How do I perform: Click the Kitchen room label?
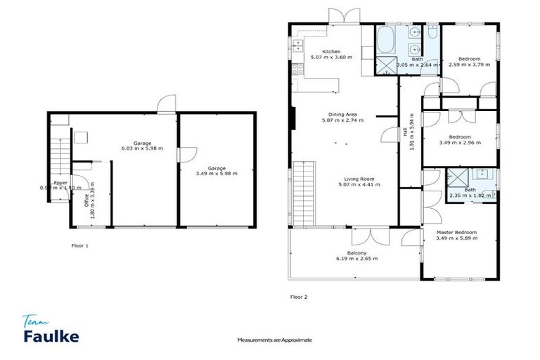click(x=331, y=51)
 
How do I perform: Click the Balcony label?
click(x=357, y=252)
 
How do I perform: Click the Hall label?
click(x=406, y=131)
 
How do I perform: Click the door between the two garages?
click(x=181, y=155)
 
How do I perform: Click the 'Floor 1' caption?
click(x=80, y=246)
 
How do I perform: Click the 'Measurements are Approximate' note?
click(x=274, y=340)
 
